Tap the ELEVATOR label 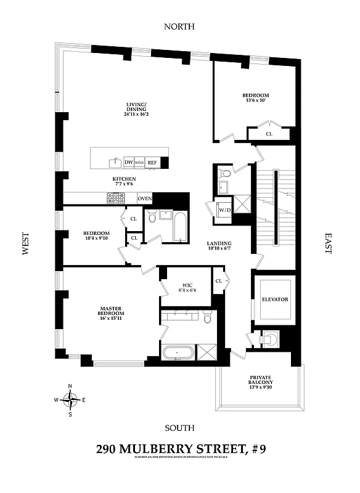click(x=275, y=299)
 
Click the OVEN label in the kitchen click(x=144, y=198)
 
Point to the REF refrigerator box click(x=152, y=163)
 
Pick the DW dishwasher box click(x=129, y=163)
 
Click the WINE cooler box click(x=139, y=163)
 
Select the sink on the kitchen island click(x=115, y=163)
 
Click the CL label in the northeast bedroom click(x=269, y=133)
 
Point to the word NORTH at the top click(x=179, y=26)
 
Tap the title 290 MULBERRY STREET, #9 click(x=179, y=450)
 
